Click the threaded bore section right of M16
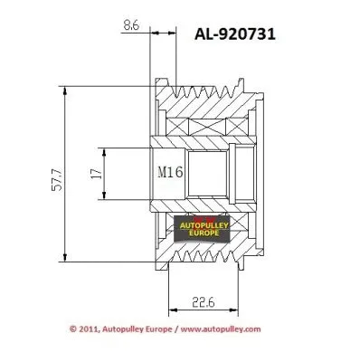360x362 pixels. pos(207,172)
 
